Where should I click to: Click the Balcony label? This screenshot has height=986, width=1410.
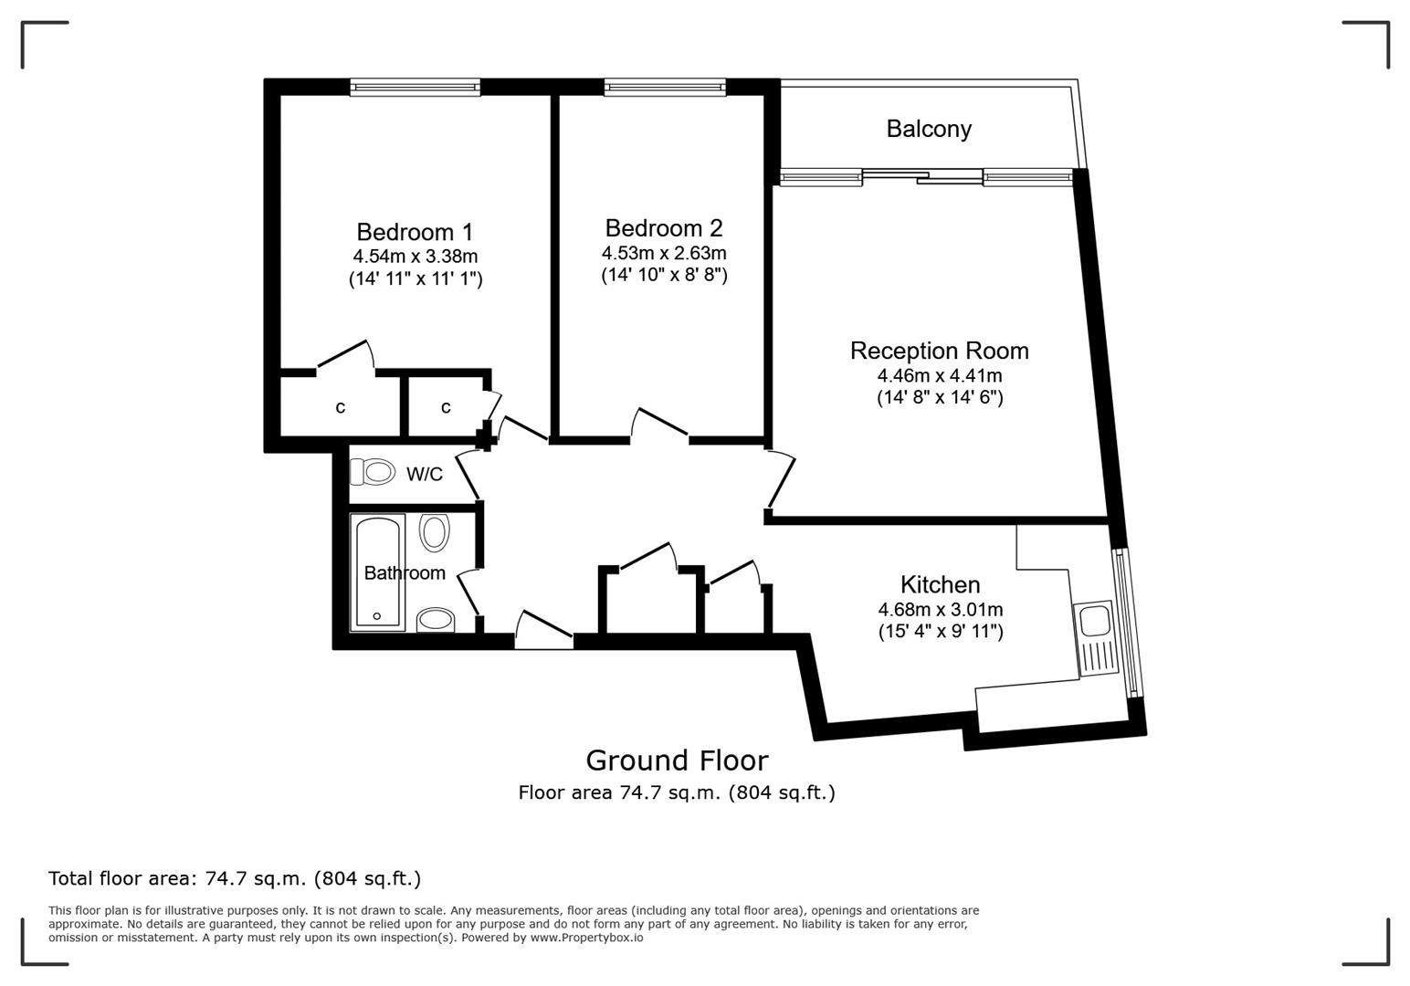point(928,129)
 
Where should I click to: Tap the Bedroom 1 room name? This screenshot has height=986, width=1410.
point(415,232)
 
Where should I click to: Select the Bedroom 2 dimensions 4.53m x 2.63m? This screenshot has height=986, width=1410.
point(664,253)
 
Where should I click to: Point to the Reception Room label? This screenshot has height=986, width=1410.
point(939,351)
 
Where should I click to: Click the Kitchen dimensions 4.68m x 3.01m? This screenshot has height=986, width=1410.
point(940,609)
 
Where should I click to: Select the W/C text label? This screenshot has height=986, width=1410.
point(424,474)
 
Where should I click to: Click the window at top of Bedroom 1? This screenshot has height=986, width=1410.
point(415,88)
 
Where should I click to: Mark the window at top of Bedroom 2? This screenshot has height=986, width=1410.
point(664,88)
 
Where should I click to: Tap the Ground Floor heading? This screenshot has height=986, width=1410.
point(677,760)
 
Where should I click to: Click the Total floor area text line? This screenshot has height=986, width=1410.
point(235,878)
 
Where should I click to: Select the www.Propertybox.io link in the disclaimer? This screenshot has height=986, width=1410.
point(586,938)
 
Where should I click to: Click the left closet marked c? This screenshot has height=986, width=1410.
point(340,407)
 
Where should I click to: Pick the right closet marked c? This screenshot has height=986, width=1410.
point(446,407)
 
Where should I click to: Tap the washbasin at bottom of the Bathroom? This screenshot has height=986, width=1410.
point(436,620)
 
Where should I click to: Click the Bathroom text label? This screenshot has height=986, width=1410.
point(405,572)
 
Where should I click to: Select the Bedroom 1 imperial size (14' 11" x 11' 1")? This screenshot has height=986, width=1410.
point(416,278)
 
